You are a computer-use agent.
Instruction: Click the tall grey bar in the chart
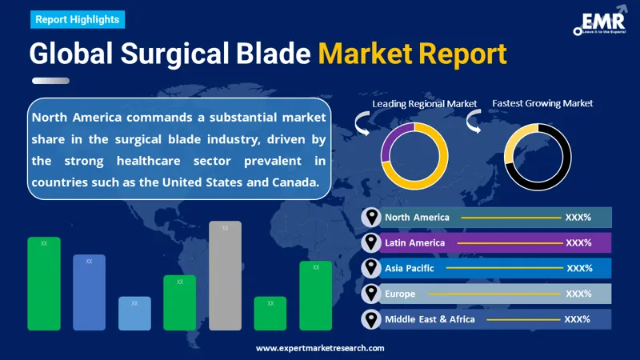pyautogui.click(x=225, y=276)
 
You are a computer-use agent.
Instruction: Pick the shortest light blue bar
pyautogui.click(x=134, y=314)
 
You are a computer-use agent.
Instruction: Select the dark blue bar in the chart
pyautogui.click(x=89, y=293)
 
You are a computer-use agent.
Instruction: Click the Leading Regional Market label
pyautogui.click(x=424, y=103)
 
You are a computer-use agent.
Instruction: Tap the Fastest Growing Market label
pyautogui.click(x=542, y=103)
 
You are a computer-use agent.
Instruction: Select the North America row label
pyautogui.click(x=417, y=217)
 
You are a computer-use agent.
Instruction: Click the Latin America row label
pyautogui.click(x=414, y=242)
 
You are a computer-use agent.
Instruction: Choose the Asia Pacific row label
pyautogui.click(x=410, y=268)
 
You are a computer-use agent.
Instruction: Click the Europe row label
pyautogui.click(x=400, y=294)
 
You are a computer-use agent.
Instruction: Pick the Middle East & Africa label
pyautogui.click(x=430, y=319)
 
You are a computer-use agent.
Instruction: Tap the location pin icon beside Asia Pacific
pyautogui.click(x=370, y=268)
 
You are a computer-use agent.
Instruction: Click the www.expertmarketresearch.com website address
pyautogui.click(x=320, y=348)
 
